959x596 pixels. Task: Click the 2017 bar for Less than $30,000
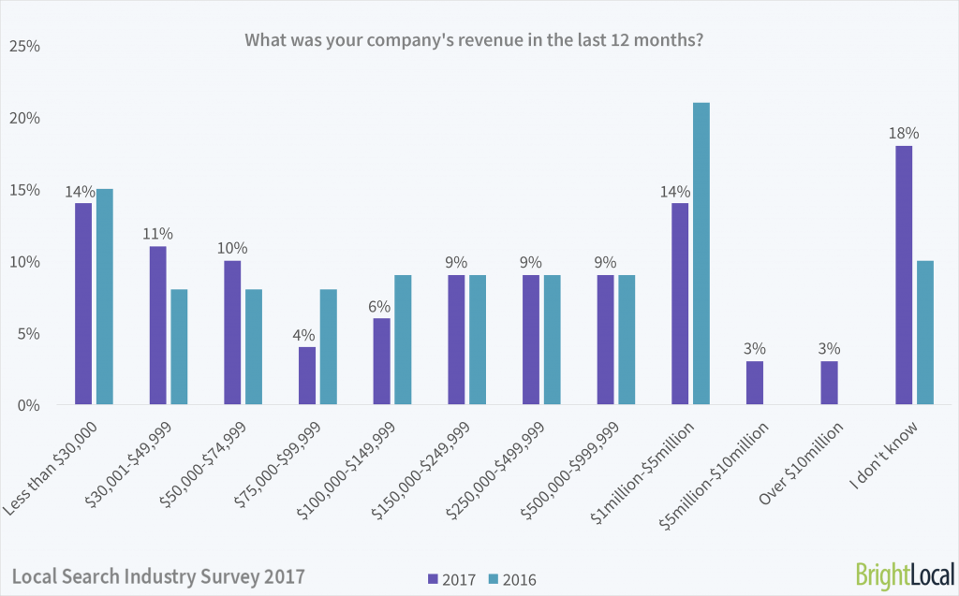[83, 304]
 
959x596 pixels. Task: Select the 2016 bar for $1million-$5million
[701, 254]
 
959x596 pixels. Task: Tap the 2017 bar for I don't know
[904, 275]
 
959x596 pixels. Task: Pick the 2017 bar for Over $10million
[829, 383]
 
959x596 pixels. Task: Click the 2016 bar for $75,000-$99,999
[329, 347]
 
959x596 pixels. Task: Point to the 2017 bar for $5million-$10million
[755, 383]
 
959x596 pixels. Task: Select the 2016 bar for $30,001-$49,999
[179, 347]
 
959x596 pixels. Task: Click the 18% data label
[904, 133]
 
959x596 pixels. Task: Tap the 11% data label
[157, 234]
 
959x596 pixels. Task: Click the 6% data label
[381, 306]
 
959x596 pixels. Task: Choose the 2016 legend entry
[516, 577]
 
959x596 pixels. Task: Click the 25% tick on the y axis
[25, 46]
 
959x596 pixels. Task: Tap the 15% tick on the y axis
[25, 190]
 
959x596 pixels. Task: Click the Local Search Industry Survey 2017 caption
[158, 573]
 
